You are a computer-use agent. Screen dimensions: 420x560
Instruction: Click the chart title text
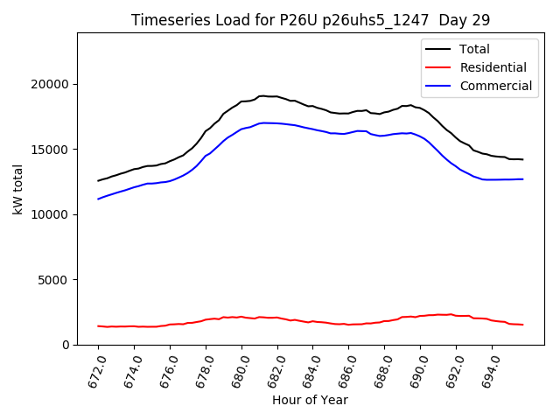pyautogui.click(x=311, y=20)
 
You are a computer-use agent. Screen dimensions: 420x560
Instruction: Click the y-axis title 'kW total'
pyautogui.click(x=18, y=189)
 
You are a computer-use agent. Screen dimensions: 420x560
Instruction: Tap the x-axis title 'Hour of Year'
pyautogui.click(x=310, y=400)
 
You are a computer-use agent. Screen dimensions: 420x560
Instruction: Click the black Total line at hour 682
pyautogui.click(x=277, y=97)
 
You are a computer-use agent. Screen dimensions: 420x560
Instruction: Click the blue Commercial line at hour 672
pyautogui.click(x=98, y=199)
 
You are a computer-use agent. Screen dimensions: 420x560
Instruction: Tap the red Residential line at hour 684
pyautogui.click(x=313, y=321)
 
